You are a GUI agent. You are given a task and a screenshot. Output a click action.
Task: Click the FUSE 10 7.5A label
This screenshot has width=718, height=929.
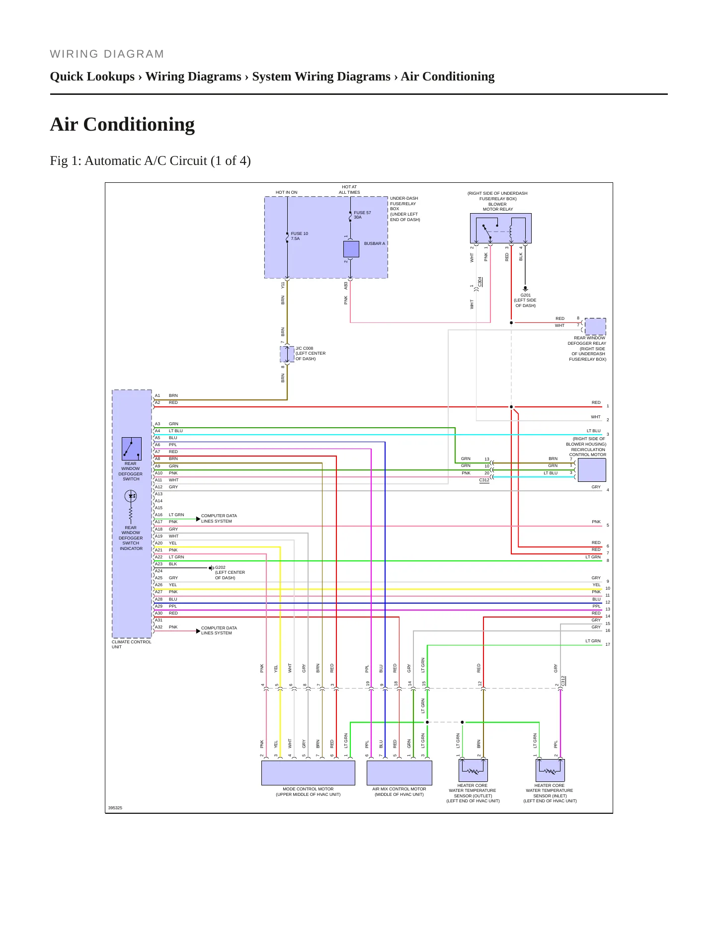point(299,236)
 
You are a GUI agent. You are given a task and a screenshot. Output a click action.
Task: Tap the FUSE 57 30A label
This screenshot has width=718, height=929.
point(362,215)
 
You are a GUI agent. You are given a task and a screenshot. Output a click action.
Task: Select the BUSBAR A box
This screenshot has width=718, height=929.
point(351,249)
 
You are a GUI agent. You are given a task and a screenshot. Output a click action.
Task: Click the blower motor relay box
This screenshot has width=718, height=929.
point(501,229)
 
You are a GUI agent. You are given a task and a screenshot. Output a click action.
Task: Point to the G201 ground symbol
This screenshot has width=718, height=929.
point(525,288)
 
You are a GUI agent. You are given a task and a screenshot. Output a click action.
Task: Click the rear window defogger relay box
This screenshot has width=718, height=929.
point(595,326)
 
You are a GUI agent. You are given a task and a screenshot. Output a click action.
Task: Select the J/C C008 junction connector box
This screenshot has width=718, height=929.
point(287,354)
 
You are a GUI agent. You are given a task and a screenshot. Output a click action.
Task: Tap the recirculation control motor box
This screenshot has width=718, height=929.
point(592,470)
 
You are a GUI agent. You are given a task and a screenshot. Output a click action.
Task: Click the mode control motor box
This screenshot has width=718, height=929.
point(308,773)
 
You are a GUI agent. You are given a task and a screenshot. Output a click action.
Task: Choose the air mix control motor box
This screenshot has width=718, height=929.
point(399,773)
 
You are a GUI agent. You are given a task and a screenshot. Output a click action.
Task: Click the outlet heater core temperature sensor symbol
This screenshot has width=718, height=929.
point(473,770)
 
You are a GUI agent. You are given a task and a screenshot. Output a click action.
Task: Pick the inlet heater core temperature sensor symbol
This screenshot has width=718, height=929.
point(550,770)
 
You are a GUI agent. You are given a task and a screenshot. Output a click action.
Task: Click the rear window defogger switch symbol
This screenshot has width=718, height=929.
point(132,449)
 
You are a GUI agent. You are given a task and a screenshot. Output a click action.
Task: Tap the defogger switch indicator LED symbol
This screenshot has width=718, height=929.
point(131,496)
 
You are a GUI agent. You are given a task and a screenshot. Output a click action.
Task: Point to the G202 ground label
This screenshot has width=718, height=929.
point(220,567)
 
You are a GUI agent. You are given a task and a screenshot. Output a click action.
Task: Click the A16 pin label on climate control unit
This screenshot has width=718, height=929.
point(159,515)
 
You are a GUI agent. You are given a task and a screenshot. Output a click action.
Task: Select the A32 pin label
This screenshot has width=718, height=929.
point(159,627)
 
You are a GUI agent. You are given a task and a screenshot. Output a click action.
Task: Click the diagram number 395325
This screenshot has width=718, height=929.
point(115,808)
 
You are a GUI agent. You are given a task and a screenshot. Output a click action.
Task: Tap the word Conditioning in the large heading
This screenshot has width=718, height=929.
point(139,125)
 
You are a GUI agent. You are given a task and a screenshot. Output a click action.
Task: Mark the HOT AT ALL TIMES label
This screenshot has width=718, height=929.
point(349,190)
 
